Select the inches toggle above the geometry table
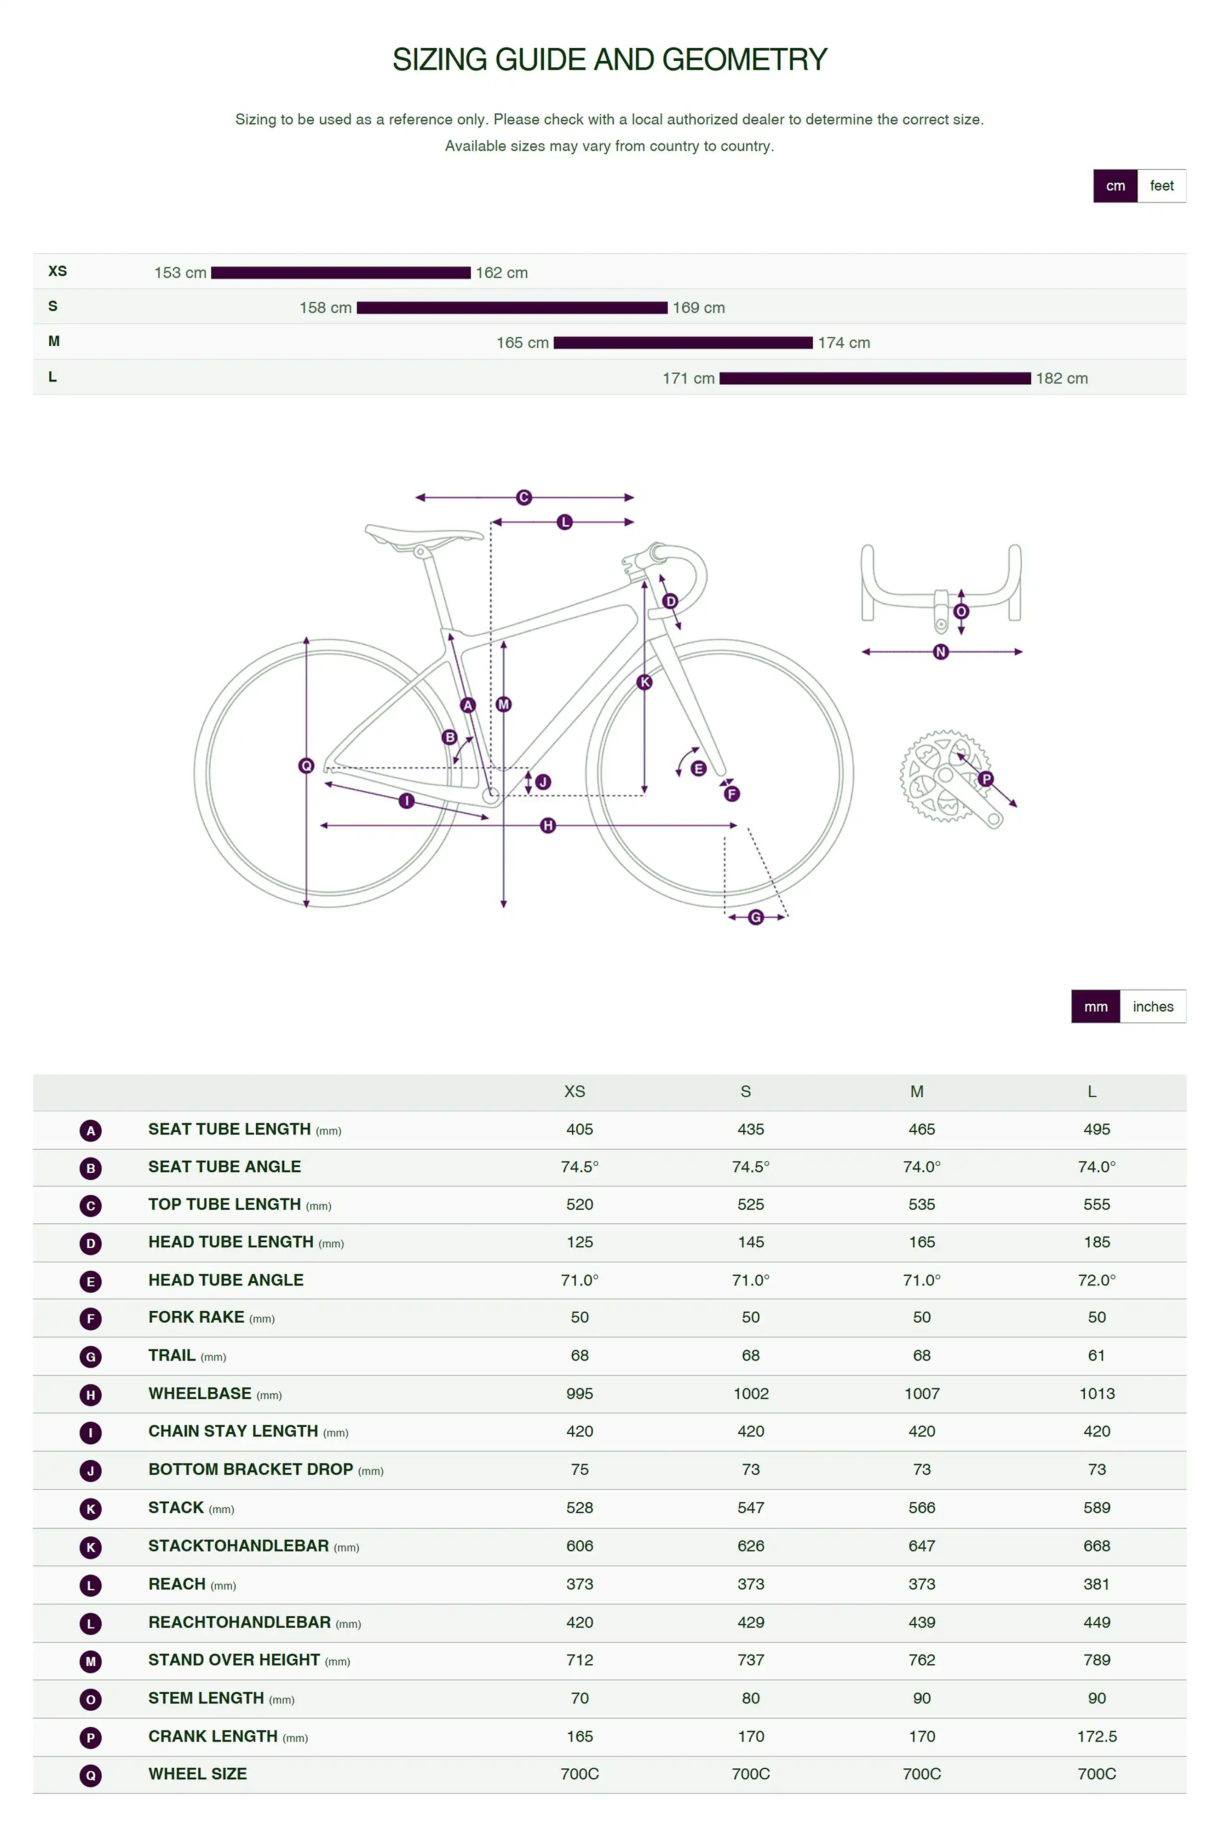coord(1152,1007)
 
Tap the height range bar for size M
coord(683,343)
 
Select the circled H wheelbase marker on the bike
coord(548,825)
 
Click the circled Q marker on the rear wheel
coord(306,766)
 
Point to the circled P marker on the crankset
coord(986,779)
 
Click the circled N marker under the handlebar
coord(941,652)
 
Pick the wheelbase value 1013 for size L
coord(1096,1394)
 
